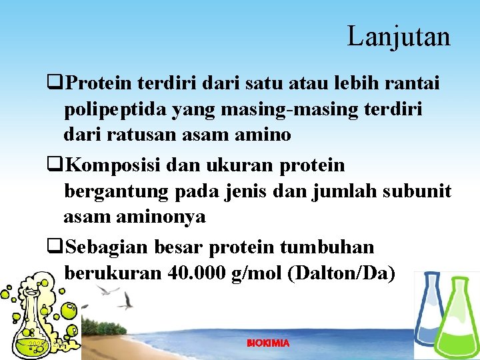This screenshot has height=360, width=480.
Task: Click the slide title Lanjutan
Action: pos(399,36)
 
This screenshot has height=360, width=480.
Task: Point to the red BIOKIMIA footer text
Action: pos(268,343)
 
